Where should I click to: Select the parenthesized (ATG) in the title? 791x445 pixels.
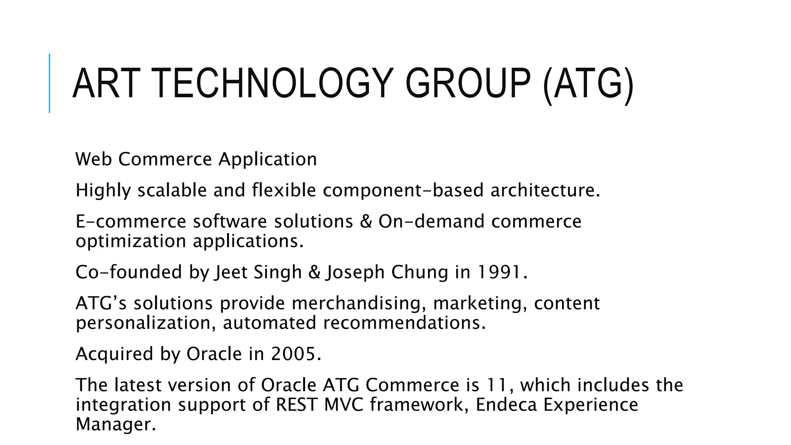coord(588,84)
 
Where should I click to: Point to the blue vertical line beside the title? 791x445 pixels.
coord(49,83)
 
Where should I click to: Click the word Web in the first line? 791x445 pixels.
coord(93,159)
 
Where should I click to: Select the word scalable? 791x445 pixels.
coord(172,190)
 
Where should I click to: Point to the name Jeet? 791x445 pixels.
coord(231,272)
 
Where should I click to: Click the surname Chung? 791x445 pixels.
coord(419,272)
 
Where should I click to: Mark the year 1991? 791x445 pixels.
coord(499,272)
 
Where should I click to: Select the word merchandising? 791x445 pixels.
coord(355,304)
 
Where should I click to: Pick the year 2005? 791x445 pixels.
coord(293,354)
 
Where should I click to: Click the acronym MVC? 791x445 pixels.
coord(344,405)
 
